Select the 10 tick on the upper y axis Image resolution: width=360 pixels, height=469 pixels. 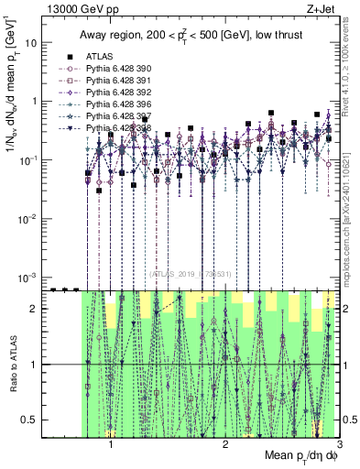pos(30,43)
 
